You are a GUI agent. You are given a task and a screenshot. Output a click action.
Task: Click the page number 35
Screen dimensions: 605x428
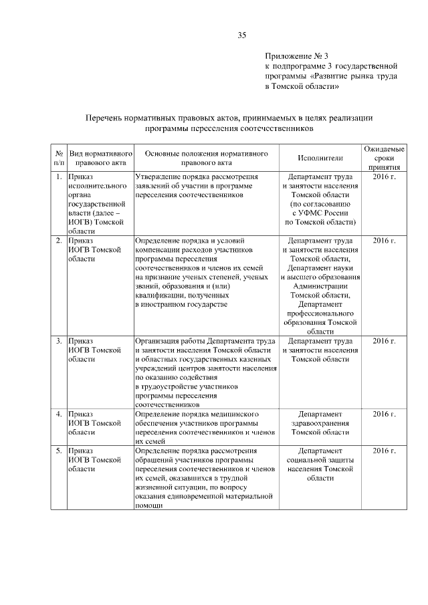tap(243, 35)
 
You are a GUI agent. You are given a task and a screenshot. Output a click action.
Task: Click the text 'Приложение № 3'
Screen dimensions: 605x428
tap(298, 56)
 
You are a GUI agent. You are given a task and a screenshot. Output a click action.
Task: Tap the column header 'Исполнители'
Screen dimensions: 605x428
tap(320, 158)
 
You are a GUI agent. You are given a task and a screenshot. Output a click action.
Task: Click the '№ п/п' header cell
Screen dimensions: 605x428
tap(59, 158)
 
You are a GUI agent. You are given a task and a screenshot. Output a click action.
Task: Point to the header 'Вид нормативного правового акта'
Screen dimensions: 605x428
tap(99, 158)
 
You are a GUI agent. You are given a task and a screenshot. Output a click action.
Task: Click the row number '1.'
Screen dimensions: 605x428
tap(59, 176)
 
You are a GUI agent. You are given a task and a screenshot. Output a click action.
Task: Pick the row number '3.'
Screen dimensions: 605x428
tap(59, 341)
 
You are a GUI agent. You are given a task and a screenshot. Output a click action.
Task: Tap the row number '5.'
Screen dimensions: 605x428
tap(59, 453)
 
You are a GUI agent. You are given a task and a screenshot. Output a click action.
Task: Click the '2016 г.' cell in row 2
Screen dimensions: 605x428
tap(384, 239)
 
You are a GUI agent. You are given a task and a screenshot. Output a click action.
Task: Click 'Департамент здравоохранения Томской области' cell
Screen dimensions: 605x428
tap(320, 423)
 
